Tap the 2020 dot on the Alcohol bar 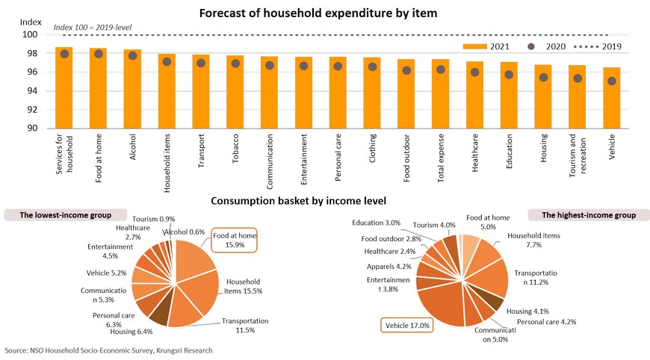point(133,55)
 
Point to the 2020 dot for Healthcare point(474,72)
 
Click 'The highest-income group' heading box point(584,215)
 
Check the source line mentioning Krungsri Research point(108,350)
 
